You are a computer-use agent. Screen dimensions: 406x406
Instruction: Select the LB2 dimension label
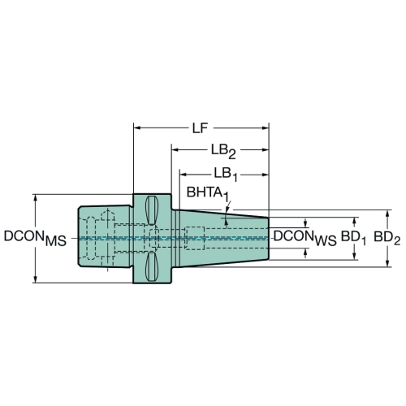(x=223, y=152)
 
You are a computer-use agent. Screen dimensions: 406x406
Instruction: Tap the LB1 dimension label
(x=226, y=175)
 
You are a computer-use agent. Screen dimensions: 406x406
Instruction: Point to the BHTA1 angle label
(x=208, y=194)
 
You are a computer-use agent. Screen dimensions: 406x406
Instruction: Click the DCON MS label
(x=35, y=238)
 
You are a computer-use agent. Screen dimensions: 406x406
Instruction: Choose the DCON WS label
(x=305, y=238)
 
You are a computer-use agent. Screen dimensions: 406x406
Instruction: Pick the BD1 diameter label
(x=353, y=238)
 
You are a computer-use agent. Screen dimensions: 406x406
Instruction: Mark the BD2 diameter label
(x=387, y=238)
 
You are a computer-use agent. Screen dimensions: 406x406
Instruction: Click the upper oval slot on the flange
(x=151, y=210)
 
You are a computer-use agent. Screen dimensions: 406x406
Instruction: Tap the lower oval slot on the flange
(x=151, y=267)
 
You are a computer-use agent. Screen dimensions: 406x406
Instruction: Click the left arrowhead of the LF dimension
(x=137, y=127)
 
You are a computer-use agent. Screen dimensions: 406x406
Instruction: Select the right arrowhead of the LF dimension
(x=265, y=127)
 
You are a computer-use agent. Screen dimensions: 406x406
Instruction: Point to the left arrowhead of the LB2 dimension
(x=175, y=149)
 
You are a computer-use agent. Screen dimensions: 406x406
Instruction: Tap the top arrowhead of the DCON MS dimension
(x=35, y=198)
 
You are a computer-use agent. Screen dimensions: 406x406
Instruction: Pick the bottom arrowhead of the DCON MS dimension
(x=35, y=279)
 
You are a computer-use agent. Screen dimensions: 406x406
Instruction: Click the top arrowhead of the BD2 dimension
(x=387, y=214)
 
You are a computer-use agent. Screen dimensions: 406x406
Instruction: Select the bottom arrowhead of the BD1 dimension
(x=355, y=256)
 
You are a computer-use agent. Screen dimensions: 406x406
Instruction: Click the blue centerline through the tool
(x=173, y=238)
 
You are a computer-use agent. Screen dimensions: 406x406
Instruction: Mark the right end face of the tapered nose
(x=269, y=239)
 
